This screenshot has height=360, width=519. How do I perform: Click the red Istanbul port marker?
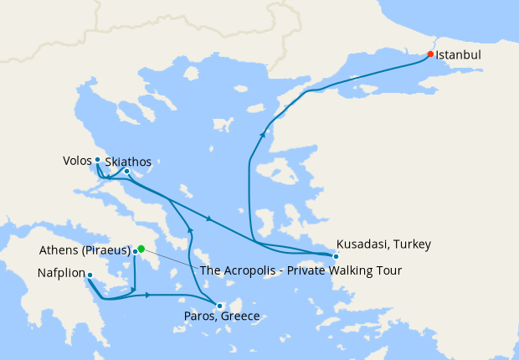pos(430,54)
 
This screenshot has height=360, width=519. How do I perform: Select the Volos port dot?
pos(97,159)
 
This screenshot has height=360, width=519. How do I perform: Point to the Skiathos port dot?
pos(126,172)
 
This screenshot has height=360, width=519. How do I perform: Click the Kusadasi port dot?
pos(336,255)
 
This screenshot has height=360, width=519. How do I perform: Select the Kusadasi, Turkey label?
pos(383,244)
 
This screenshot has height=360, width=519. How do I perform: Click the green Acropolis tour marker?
pos(141,248)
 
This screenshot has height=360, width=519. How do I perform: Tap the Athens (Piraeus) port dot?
pos(135,250)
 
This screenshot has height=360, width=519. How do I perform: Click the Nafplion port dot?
pos(90,275)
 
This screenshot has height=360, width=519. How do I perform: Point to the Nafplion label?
pos(61,273)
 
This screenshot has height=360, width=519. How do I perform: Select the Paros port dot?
pos(218,306)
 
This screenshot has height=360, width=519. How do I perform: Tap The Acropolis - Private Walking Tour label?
pos(301,270)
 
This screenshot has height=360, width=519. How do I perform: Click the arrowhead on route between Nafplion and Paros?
pos(148,295)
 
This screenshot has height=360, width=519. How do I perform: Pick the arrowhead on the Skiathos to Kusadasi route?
pos(208,220)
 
